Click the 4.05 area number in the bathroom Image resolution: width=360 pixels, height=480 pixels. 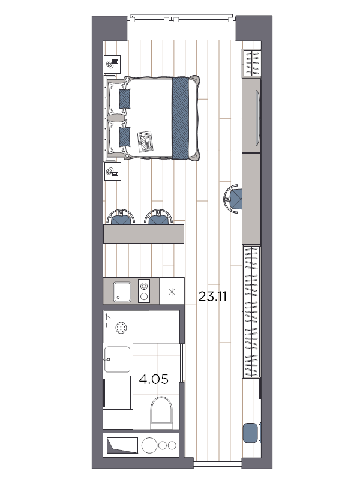point(154,379)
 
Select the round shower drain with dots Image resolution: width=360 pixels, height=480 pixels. point(122,328)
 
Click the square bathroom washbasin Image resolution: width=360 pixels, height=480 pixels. point(117,359)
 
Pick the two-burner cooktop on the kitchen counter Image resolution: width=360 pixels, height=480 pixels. point(144,291)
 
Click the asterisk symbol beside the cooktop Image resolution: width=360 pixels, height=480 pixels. point(172,292)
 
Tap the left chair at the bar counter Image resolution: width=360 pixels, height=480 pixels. point(121,217)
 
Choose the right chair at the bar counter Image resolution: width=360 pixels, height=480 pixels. point(158,217)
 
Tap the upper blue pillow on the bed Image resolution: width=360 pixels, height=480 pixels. point(125,98)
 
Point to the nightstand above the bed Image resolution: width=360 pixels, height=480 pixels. point(112,64)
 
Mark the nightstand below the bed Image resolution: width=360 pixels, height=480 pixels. point(112,171)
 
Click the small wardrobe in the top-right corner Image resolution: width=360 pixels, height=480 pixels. point(251,63)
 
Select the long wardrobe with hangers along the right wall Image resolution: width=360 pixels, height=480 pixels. point(251,311)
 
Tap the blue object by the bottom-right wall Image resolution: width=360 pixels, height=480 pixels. point(251,433)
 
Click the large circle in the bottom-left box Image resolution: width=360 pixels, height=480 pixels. point(149,445)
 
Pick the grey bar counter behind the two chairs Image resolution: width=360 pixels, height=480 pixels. point(143,234)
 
